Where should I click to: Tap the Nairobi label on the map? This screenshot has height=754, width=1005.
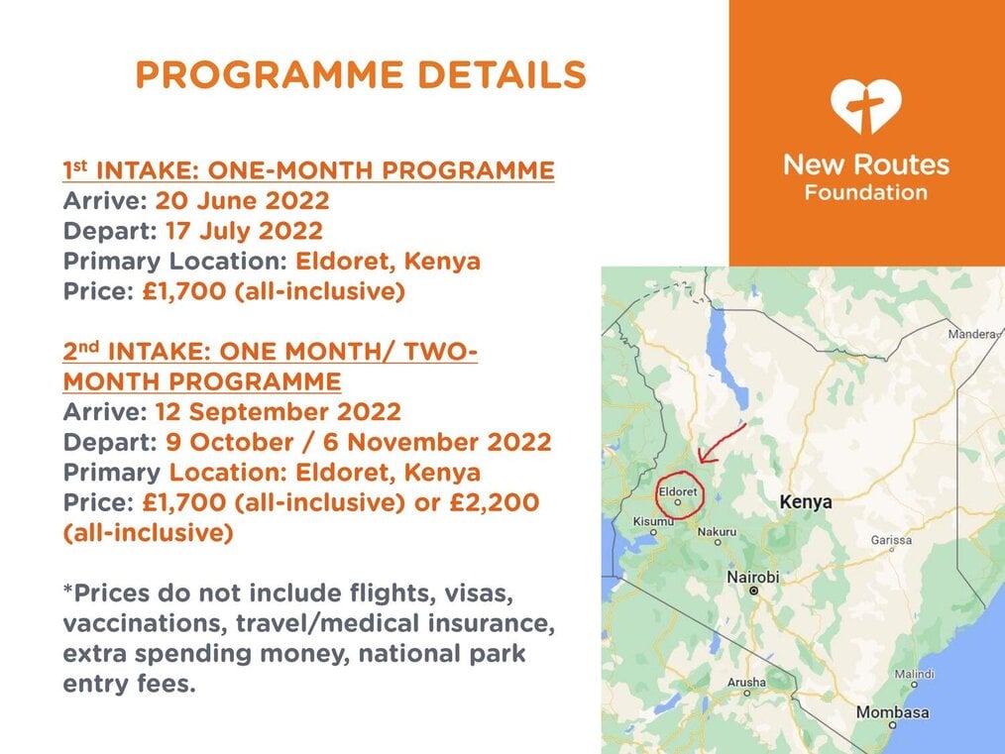(752, 578)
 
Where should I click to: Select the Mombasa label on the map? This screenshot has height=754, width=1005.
(892, 712)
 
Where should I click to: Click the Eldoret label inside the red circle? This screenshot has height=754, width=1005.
(678, 491)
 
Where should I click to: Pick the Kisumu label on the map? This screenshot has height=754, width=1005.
(653, 521)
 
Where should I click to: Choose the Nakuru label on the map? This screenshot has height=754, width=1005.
(717, 532)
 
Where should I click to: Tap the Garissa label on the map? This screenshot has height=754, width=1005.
(891, 540)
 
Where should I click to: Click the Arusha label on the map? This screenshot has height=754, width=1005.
(746, 683)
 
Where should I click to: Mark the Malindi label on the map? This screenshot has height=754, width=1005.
(914, 674)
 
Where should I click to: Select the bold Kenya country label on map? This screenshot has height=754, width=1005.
(806, 502)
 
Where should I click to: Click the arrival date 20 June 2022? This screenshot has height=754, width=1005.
(242, 201)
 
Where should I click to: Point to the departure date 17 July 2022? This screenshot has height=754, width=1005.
(244, 231)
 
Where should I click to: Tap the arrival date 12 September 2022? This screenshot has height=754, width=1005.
(279, 412)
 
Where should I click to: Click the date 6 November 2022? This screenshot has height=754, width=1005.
(437, 442)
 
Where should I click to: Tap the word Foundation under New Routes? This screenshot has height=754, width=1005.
(866, 192)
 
